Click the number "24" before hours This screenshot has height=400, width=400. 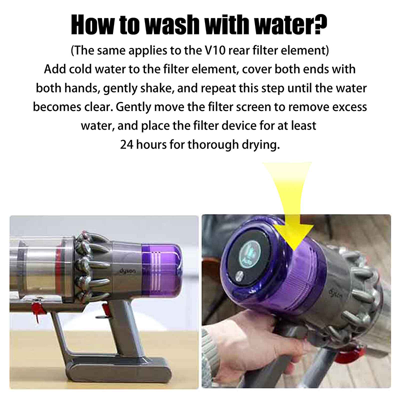[x=127, y=144]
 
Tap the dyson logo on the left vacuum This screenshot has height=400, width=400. [x=127, y=270]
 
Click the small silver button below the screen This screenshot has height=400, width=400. [x=239, y=276]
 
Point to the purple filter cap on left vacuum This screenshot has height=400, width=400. [x=161, y=271]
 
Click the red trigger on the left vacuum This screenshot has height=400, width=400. [x=105, y=310]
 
